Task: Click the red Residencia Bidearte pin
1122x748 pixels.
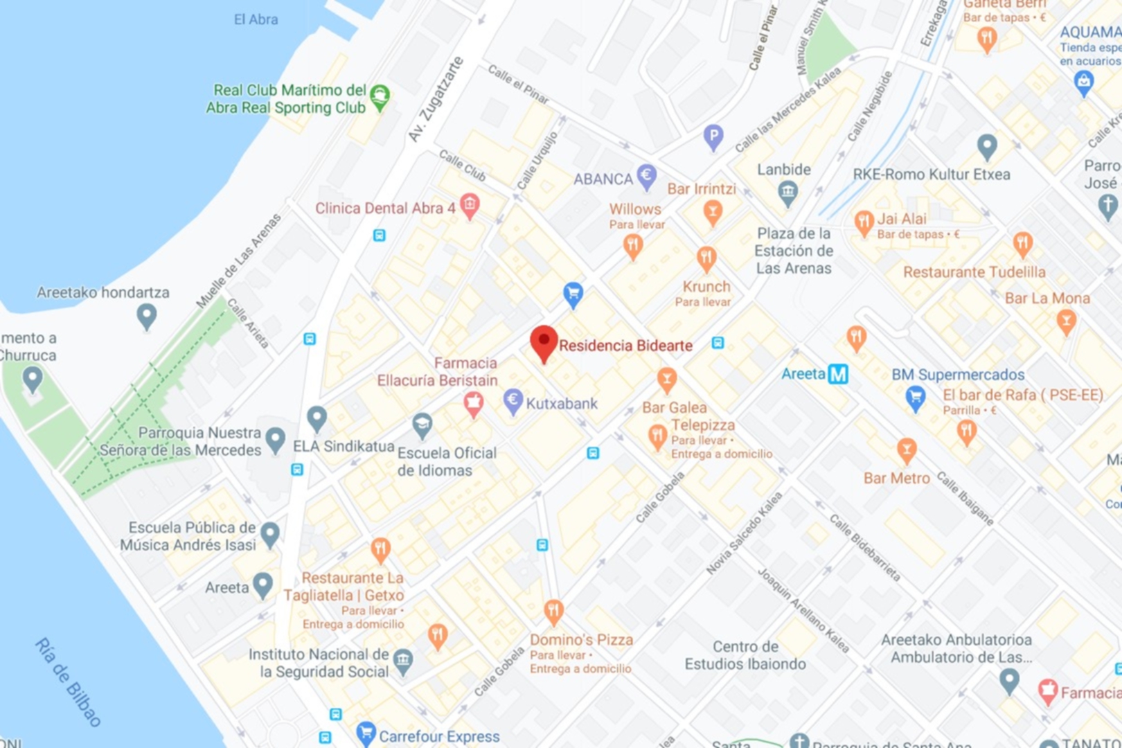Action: (544, 342)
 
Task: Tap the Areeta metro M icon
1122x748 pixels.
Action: (838, 375)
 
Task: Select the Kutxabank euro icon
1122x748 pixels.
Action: (513, 401)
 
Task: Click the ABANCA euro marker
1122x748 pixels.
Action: (646, 177)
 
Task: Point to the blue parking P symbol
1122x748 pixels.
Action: (713, 136)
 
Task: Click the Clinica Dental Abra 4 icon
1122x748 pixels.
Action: (470, 206)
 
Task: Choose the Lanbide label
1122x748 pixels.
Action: (783, 170)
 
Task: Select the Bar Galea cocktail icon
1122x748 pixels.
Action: (666, 379)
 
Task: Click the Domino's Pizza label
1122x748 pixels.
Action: (581, 640)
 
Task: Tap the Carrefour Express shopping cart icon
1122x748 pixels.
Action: (365, 733)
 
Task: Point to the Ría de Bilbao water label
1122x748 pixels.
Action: (68, 682)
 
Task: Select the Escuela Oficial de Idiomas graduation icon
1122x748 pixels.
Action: (422, 425)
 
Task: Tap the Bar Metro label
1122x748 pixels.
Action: (896, 479)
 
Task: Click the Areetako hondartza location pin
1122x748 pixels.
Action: (146, 317)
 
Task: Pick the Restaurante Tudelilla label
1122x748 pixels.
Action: (974, 272)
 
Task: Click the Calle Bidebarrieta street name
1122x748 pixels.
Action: (865, 548)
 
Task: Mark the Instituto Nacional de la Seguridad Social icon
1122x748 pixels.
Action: (403, 661)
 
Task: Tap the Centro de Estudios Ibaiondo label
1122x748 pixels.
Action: (745, 655)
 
